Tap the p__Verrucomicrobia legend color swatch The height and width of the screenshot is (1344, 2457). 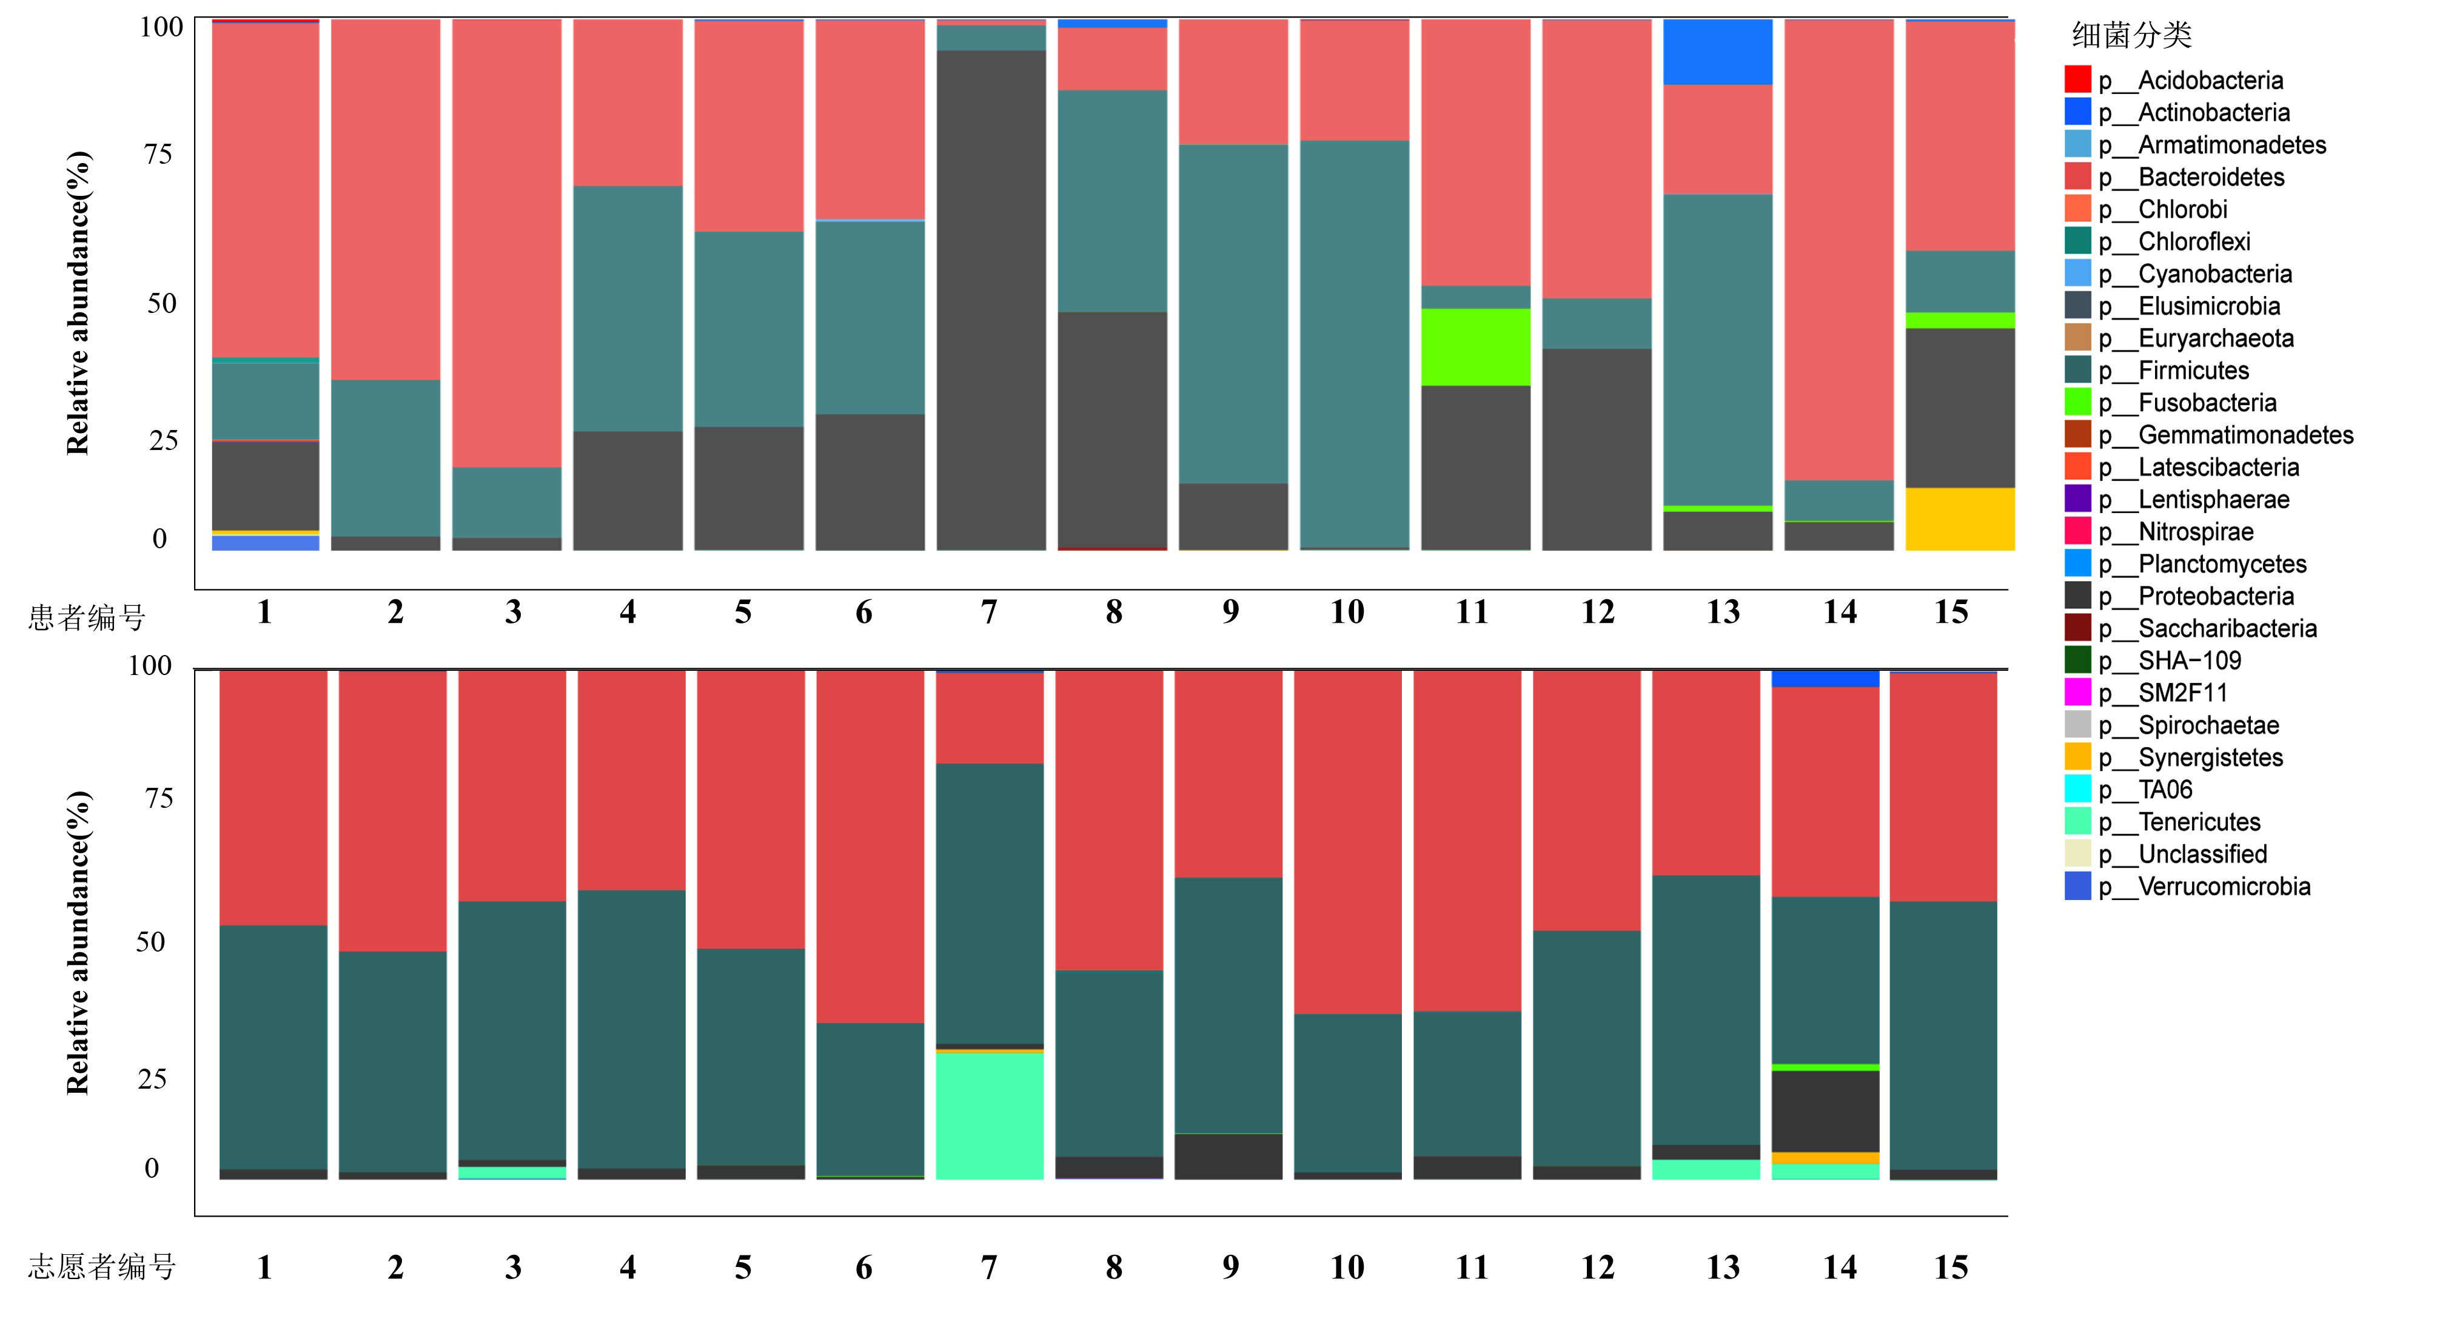pos(2077,886)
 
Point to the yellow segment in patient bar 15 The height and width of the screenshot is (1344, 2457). pos(1959,519)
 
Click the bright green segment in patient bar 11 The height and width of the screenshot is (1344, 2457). pos(1475,347)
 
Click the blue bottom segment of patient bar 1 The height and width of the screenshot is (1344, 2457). pos(265,543)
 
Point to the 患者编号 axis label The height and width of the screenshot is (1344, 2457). pos(87,618)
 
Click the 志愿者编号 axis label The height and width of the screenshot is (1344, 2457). pos(102,1267)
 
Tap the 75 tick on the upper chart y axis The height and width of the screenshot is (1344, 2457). pos(158,155)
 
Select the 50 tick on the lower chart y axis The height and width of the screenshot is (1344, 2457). pos(151,942)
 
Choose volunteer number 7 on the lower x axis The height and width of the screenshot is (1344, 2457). pos(989,1268)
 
